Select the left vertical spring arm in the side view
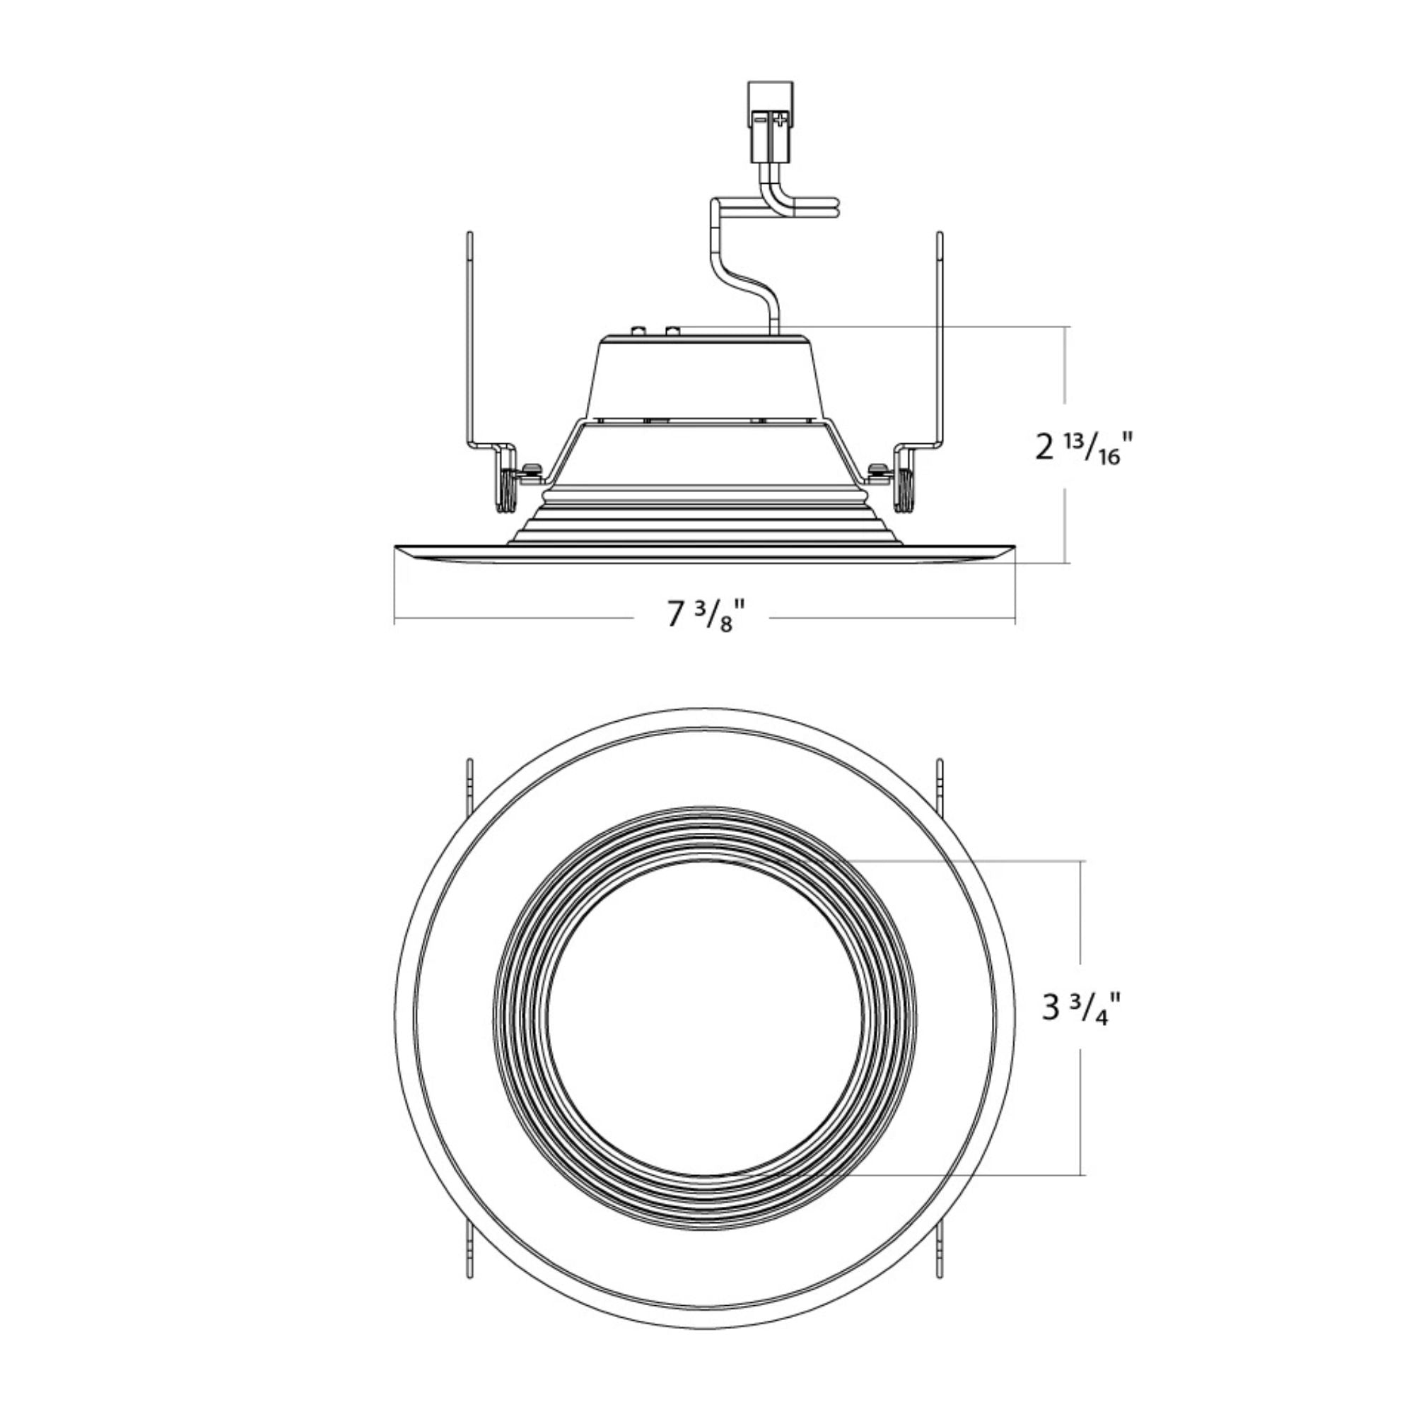pyautogui.click(x=470, y=337)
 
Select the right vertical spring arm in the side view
pyautogui.click(x=940, y=337)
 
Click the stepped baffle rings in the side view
pyautogui.click(x=705, y=523)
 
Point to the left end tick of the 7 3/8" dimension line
pyautogui.click(x=395, y=621)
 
